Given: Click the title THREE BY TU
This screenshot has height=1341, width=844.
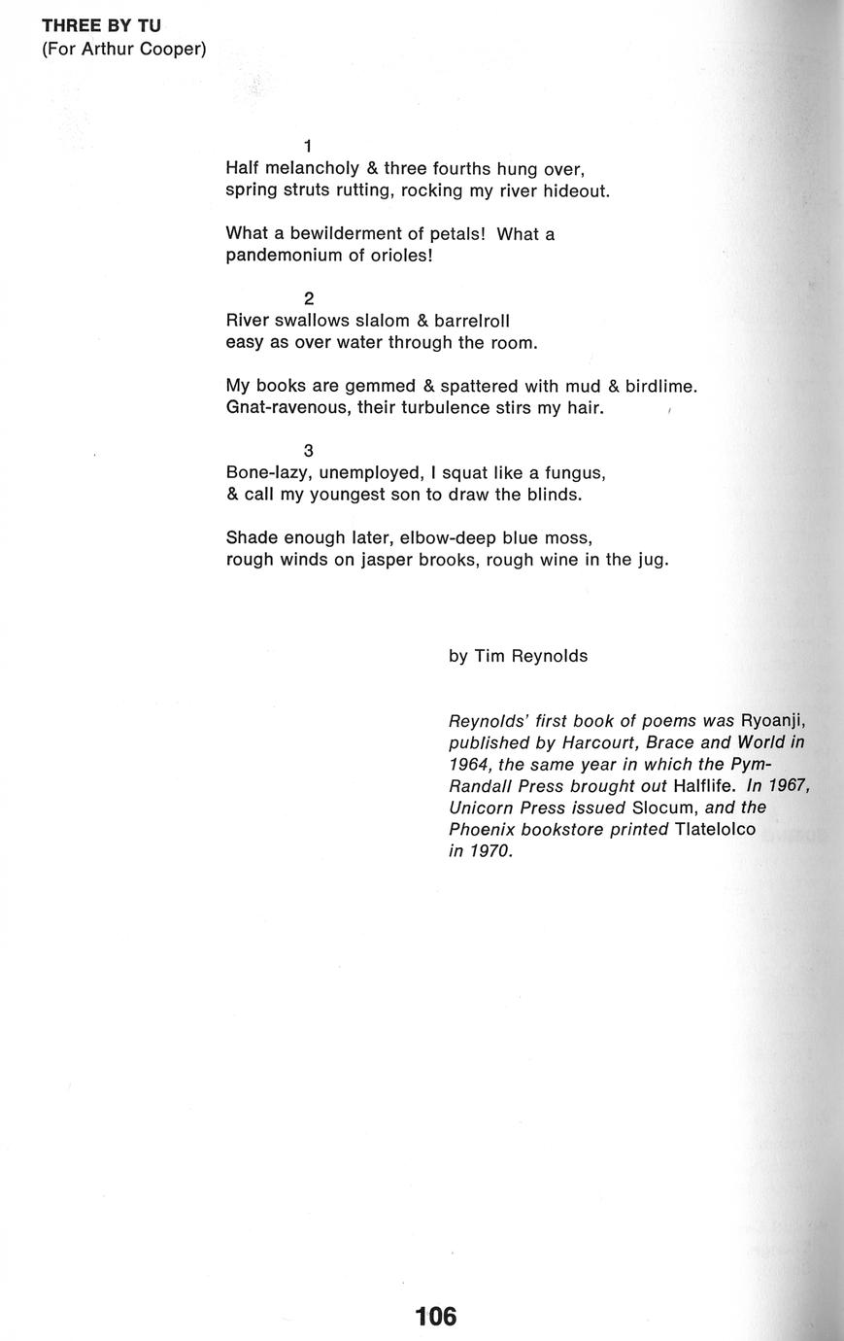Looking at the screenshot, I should (x=101, y=26).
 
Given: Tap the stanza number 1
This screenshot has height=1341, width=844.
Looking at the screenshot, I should (x=308, y=147).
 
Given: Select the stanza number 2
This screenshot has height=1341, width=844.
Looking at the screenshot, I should (x=309, y=298).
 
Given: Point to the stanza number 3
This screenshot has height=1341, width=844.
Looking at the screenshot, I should (x=309, y=451).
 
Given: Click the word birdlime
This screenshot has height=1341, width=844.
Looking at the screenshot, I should (x=659, y=386).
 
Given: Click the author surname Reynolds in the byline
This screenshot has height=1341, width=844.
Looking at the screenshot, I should (x=550, y=656).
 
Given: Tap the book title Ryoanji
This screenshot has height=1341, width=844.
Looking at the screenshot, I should (x=773, y=721).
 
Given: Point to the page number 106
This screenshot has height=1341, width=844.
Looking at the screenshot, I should (x=435, y=1317).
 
